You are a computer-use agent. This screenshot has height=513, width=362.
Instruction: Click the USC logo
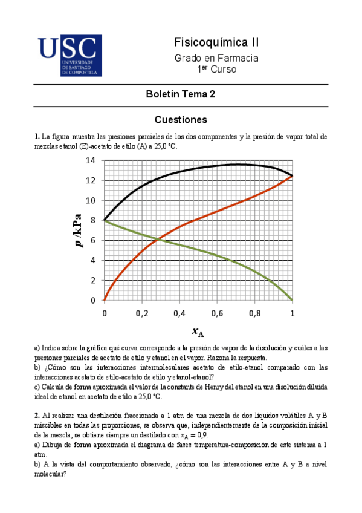pos(69,55)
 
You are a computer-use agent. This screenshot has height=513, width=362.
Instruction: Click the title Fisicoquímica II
pos(216,42)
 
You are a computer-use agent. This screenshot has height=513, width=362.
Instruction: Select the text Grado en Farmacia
pos(216,58)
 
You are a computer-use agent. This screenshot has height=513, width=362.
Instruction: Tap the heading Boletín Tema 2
pos(181,94)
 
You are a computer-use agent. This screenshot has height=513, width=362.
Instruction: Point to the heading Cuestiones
pos(181,119)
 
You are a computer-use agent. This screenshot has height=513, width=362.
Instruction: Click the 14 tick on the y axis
pos(91,161)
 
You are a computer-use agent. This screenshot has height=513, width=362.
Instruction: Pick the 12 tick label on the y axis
pos(91,181)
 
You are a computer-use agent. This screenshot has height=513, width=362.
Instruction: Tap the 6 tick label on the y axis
pos(93,241)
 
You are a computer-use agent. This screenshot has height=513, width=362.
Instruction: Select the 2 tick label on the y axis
pos(93,281)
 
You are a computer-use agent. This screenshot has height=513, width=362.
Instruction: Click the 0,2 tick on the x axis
pos(142,313)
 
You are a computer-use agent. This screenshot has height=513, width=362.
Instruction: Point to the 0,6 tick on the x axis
pos(217,313)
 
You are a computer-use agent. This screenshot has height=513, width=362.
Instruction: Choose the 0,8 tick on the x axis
pos(254,313)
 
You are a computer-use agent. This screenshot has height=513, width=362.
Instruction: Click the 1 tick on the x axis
pos(293,313)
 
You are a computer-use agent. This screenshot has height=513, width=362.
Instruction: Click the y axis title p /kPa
pos(79,230)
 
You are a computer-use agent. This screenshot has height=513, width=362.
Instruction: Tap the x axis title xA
pos(198,332)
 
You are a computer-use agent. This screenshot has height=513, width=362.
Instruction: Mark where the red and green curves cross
pos(158,240)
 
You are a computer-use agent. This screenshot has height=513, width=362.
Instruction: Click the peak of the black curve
pos(238,164)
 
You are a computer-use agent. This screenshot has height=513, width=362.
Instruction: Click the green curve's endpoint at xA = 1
pos(293,300)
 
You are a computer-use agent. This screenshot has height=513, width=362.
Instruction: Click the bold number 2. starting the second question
pos(37,415)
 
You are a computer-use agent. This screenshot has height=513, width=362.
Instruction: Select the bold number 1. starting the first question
pos(37,137)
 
